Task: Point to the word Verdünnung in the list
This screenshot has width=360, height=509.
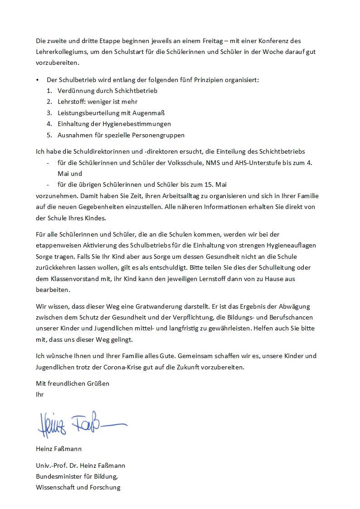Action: (x=75, y=91)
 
